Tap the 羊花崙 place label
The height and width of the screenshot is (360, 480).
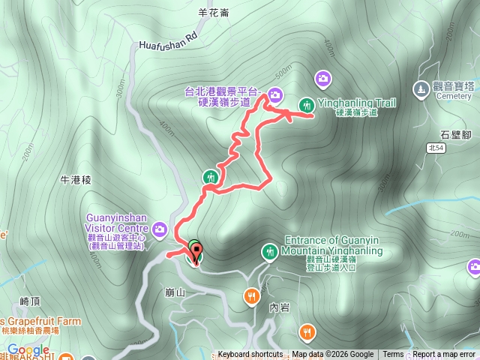[x=213, y=13]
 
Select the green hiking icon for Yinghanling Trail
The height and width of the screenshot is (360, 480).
[x=307, y=104]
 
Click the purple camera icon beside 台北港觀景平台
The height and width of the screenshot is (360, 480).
[x=275, y=94]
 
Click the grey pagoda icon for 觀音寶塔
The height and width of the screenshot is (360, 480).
[x=421, y=88]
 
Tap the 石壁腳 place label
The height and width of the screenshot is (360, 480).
[x=455, y=135]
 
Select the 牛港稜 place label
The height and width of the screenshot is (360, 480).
[x=76, y=180]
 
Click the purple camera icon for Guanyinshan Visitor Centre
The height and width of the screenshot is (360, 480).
[x=160, y=229]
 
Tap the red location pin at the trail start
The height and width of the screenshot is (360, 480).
[x=196, y=256]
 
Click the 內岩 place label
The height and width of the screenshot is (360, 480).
[x=278, y=307]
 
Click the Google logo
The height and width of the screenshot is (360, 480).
[x=28, y=350]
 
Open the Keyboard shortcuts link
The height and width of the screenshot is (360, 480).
[x=250, y=355]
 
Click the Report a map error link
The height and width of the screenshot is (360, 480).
[x=444, y=355]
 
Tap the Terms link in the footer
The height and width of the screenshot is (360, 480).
[x=393, y=355]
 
